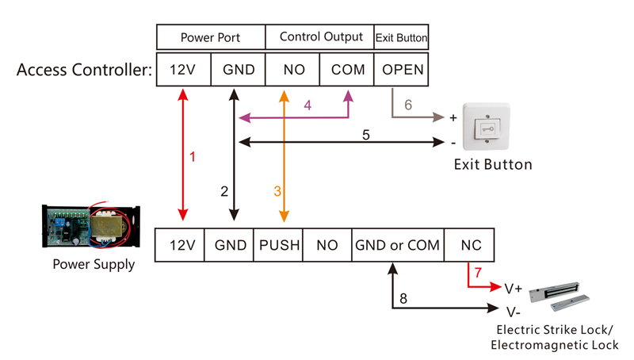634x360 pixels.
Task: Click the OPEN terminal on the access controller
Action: (402, 69)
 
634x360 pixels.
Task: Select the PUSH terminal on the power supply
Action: (278, 245)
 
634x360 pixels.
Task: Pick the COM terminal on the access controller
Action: (346, 69)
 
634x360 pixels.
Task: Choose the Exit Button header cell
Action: (401, 37)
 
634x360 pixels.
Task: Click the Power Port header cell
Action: (211, 37)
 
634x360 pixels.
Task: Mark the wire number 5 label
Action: (366, 135)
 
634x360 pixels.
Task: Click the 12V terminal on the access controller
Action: (183, 69)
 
